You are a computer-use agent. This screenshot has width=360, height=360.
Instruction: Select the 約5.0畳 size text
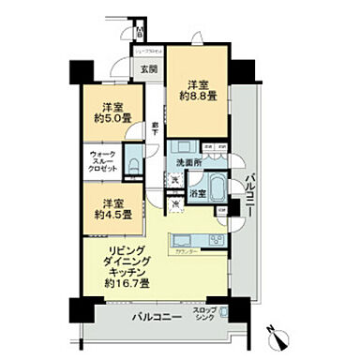click(x=111, y=117)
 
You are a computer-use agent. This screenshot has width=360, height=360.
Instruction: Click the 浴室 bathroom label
click(x=197, y=195)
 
